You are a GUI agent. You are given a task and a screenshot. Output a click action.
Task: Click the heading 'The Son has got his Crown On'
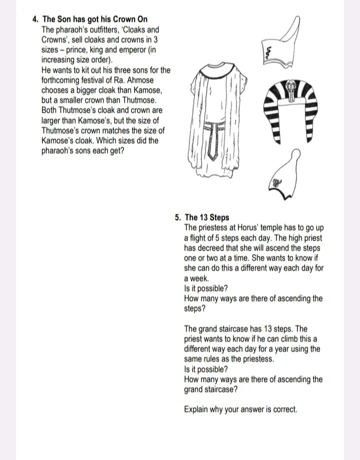(x=95, y=19)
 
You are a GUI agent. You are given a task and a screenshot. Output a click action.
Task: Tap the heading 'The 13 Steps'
(x=207, y=218)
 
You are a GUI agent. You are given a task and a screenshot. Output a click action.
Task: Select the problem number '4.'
(x=35, y=19)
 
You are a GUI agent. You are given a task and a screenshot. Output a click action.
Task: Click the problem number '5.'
(x=178, y=218)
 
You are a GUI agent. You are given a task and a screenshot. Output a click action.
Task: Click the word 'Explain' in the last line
(x=196, y=410)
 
